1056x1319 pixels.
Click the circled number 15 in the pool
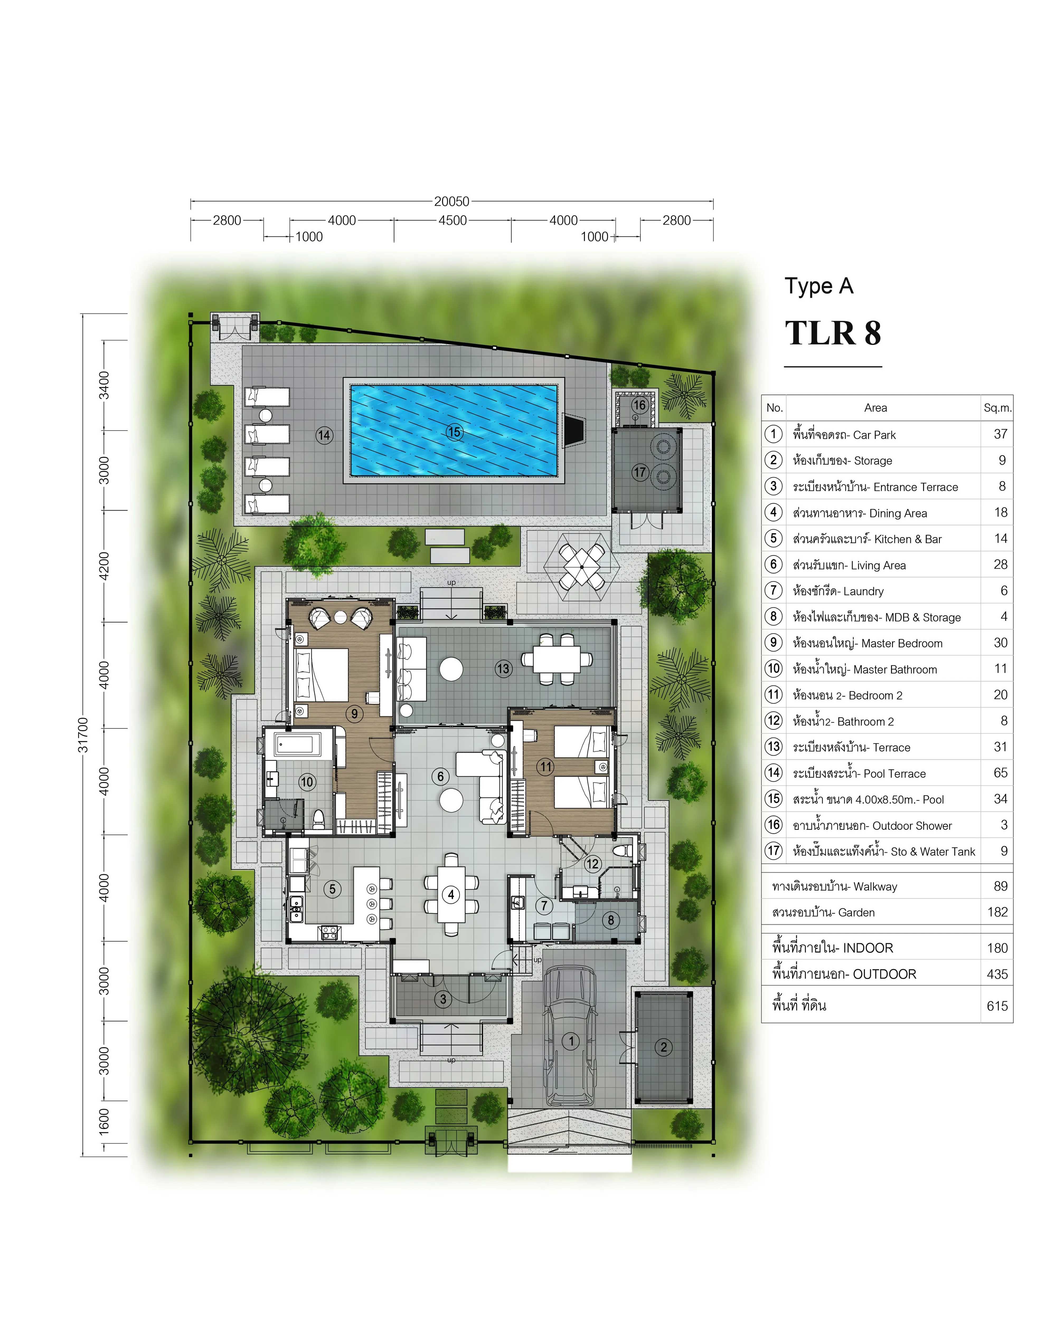(454, 432)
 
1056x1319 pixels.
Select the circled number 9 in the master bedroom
(354, 713)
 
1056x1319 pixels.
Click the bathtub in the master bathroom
(298, 744)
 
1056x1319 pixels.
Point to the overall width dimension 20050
(452, 201)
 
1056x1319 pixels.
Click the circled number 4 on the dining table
(451, 895)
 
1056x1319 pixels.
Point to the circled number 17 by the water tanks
(640, 472)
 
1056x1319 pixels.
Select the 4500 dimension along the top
(452, 220)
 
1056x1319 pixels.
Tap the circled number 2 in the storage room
(664, 1047)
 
